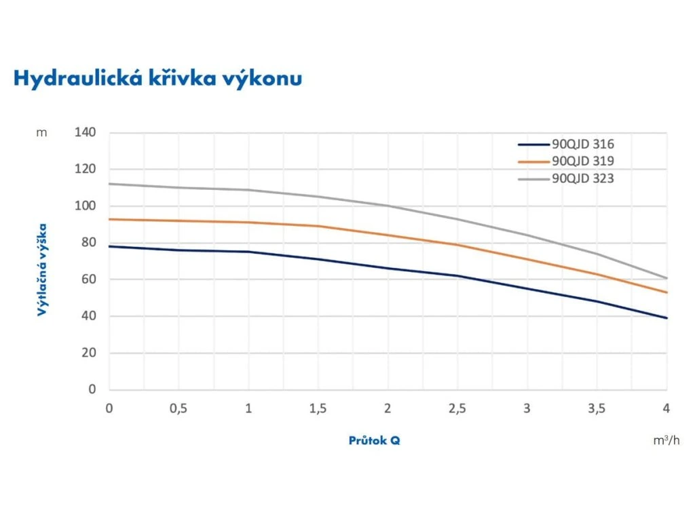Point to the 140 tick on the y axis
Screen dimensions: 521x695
click(85, 132)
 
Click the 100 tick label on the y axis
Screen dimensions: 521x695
click(85, 206)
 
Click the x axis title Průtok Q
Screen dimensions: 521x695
click(374, 440)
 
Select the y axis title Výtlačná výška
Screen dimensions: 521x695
click(43, 269)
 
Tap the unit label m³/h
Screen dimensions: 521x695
click(666, 441)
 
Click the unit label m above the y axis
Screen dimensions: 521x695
click(42, 133)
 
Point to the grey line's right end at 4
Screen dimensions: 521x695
click(666, 278)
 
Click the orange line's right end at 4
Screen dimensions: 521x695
click(666, 292)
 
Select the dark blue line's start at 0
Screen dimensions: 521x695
click(109, 246)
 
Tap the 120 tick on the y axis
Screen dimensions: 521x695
click(85, 170)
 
